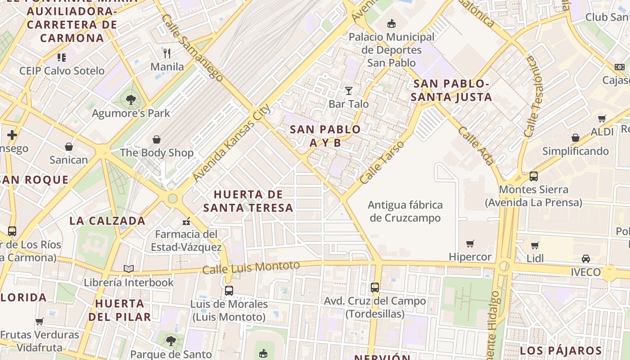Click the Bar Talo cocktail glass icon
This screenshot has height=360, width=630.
coord(349,91)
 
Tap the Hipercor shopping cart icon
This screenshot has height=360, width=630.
coord(470,244)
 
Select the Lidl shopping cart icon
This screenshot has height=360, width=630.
coord(535,246)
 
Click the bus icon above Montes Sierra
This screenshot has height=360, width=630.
coord(534,176)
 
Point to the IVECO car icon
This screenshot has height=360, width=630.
coord(585,259)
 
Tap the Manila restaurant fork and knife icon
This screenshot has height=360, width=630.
coord(167,54)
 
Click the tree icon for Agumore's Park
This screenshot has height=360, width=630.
coord(131,100)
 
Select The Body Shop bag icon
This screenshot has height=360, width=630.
coord(157,139)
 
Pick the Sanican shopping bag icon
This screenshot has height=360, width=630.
coord(69,147)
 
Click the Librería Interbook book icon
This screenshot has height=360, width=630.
coord(129,269)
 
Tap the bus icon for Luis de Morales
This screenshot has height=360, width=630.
coord(229,291)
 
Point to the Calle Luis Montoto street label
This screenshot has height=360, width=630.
coord(251,268)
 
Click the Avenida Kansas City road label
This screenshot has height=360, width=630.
coord(232,143)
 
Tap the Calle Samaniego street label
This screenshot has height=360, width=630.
coord(192,47)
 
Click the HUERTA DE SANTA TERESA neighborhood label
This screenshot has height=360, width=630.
coord(248,201)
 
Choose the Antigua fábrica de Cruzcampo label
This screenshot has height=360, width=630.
coord(405,211)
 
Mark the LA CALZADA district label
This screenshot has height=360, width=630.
coord(108,221)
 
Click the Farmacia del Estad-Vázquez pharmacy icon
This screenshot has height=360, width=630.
coord(186,221)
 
